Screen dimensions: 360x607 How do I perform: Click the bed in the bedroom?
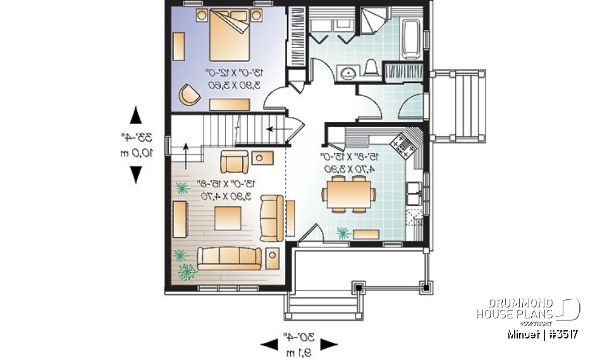pos(228,35)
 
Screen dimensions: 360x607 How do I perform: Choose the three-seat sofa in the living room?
pos(229,257)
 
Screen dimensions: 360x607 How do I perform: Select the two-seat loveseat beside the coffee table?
pos(272,218)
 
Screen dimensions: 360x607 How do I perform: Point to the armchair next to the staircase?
pos(235,162)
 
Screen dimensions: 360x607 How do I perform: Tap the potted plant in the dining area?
pos(344,233)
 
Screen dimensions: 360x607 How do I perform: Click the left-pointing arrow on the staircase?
pos(274,128)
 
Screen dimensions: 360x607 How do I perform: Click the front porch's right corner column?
pos(429,288)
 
